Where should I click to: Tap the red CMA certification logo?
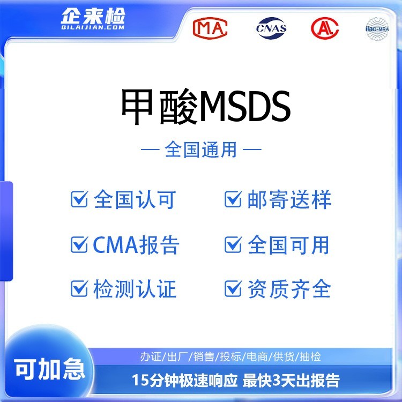210,28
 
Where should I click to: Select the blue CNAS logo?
271,28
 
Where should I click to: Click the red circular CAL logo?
325,28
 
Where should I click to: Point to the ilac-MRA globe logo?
377,29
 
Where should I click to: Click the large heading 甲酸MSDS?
206,107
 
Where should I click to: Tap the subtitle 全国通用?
201,150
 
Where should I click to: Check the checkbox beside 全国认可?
79,199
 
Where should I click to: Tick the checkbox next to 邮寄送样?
233,199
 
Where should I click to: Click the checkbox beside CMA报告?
79,244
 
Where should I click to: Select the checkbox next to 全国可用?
233,244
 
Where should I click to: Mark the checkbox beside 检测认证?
79,289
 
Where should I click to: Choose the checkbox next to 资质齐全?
233,289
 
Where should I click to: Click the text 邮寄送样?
289,199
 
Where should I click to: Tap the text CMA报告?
136,245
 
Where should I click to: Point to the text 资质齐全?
289,289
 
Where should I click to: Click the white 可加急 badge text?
49,369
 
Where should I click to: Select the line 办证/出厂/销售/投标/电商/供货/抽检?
230,356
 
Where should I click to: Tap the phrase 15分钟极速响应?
184,381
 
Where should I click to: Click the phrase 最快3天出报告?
291,381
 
